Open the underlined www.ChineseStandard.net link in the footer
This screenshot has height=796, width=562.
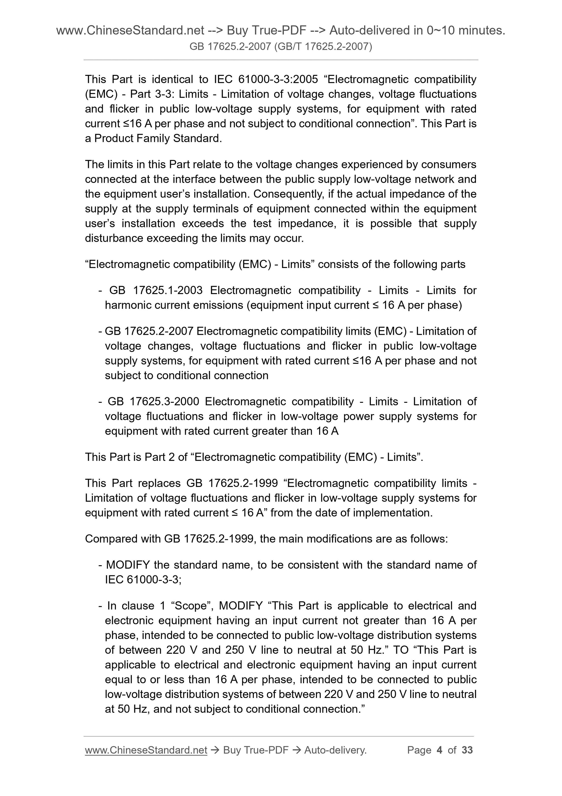click(x=146, y=750)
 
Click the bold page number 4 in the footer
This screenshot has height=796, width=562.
click(x=440, y=750)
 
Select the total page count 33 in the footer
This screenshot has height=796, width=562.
click(x=467, y=750)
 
